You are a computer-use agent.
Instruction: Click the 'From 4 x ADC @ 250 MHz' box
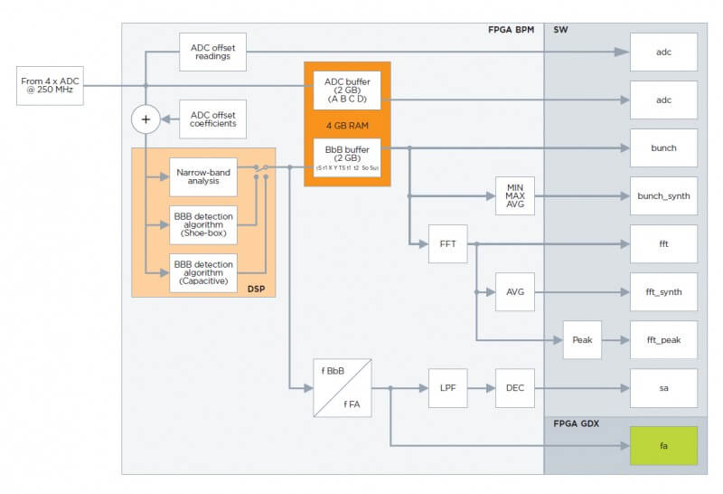[50, 86]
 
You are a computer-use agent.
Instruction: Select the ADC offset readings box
[212, 52]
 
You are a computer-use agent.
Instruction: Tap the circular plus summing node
[145, 119]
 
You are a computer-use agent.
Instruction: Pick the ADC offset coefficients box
[213, 119]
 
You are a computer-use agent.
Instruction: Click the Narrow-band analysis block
[203, 176]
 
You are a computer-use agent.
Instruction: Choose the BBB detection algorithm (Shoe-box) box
[203, 225]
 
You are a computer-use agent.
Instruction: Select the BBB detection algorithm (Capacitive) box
[203, 273]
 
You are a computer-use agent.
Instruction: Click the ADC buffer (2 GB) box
[347, 90]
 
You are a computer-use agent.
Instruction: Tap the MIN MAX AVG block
[515, 195]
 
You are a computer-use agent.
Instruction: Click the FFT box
[448, 244]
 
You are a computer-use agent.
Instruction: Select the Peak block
[582, 340]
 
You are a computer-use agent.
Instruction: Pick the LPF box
[448, 388]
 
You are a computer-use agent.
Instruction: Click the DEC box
[515, 388]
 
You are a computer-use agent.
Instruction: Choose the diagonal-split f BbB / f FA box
[342, 388]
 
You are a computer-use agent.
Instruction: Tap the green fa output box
[663, 445]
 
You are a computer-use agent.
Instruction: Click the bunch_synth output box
[663, 195]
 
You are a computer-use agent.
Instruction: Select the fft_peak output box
[663, 340]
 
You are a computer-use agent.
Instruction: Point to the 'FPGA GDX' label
[575, 423]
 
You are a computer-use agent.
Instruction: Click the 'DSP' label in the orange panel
[256, 287]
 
